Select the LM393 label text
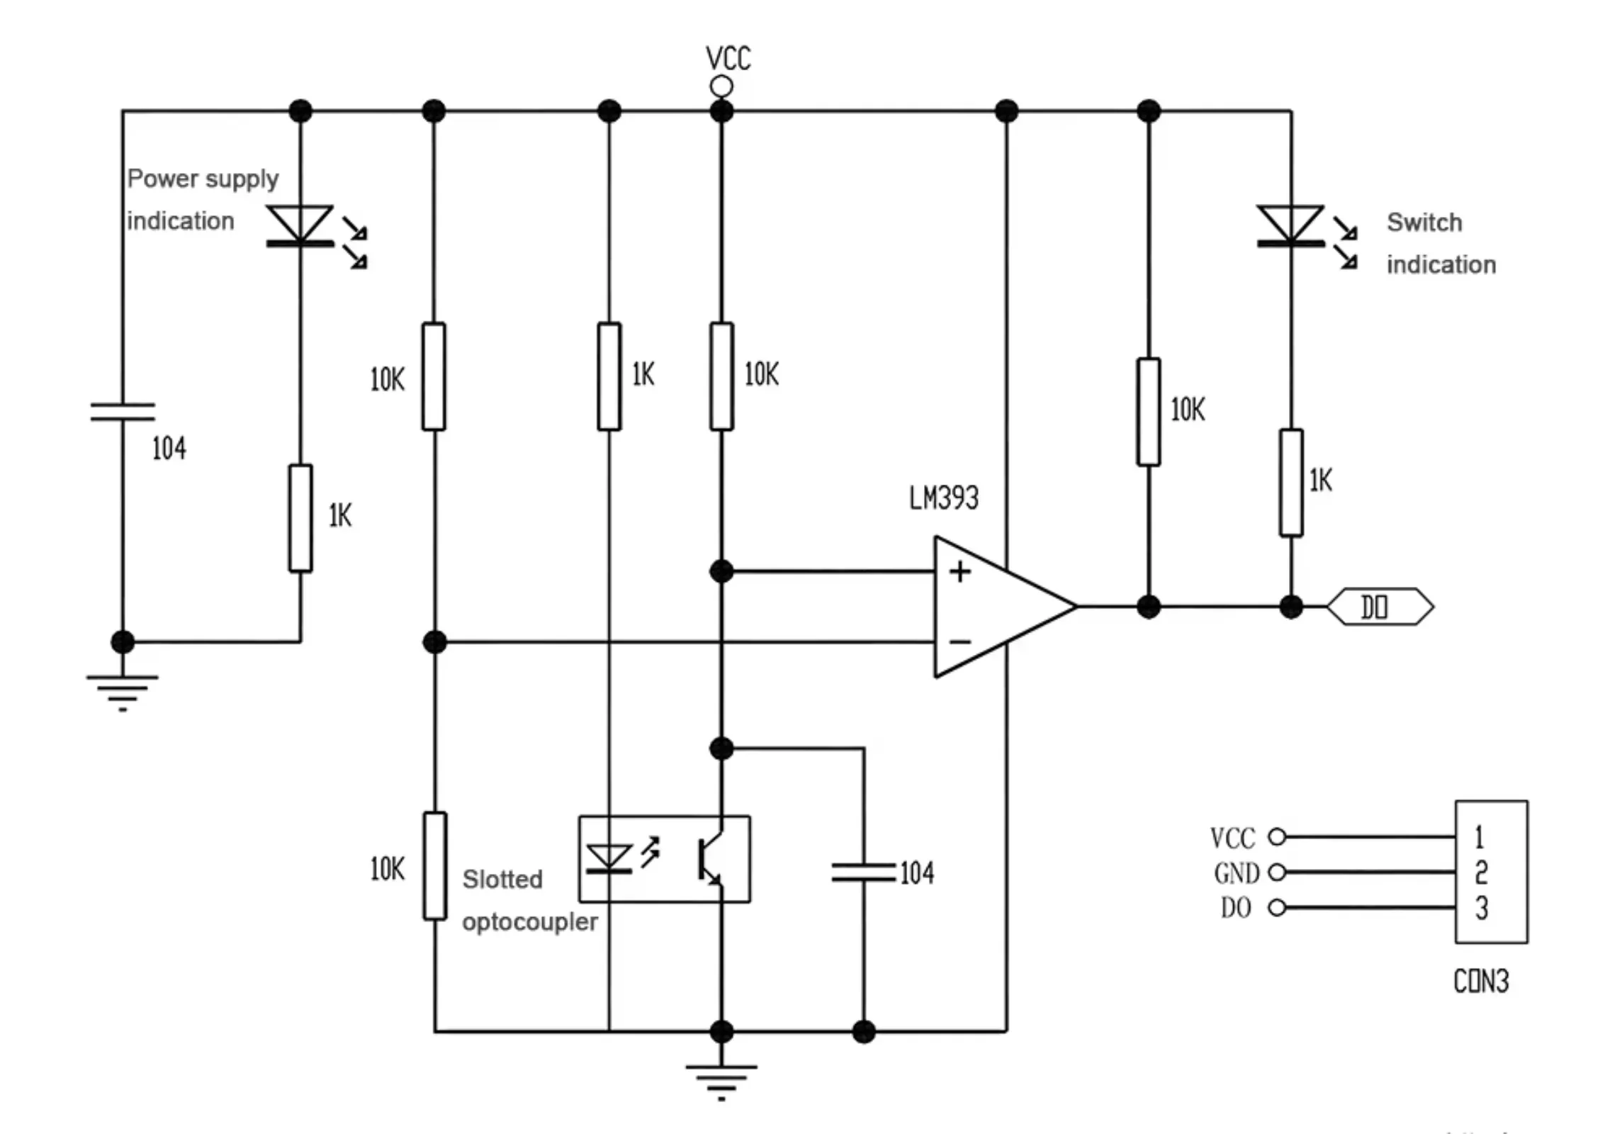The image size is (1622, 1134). pos(944,498)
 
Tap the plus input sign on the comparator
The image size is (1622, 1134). pos(960,571)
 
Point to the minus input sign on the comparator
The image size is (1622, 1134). pos(960,642)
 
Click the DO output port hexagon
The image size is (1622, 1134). pos(1380,607)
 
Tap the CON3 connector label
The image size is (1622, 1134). pos(1481,982)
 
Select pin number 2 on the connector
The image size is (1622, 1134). pos(1481,872)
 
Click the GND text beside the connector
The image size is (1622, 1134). pos(1237,873)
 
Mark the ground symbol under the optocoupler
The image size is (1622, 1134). pos(721,1082)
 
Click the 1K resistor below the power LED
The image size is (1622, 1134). pos(300,518)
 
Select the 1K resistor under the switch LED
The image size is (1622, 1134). pos(1291,483)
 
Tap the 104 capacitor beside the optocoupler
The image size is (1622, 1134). pos(864,872)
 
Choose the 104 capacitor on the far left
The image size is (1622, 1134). pos(123,412)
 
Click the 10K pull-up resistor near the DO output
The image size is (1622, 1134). pos(1149,412)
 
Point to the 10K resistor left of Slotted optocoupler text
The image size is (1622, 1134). pos(435,866)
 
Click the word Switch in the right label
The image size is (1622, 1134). pos(1424,223)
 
